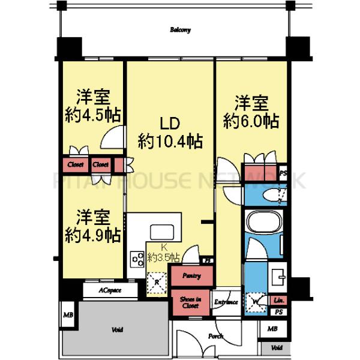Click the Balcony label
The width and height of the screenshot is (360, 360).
click(x=180, y=29)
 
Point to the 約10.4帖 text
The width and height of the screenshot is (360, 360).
click(x=169, y=142)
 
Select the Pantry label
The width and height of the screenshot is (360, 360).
click(x=191, y=276)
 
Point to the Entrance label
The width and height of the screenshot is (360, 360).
click(x=226, y=302)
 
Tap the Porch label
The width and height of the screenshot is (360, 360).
click(x=215, y=337)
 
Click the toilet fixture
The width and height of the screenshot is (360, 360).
click(x=273, y=194)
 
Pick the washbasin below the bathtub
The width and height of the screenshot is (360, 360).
click(x=278, y=276)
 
